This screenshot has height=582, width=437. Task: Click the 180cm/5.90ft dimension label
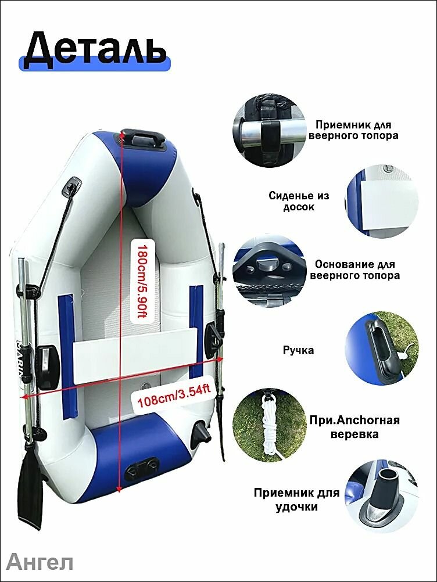click(x=142, y=281)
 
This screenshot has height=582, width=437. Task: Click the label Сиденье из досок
click(x=299, y=201)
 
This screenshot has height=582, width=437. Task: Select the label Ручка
click(x=298, y=350)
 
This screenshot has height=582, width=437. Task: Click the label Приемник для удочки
click(x=296, y=500)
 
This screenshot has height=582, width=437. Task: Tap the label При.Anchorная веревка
click(x=354, y=427)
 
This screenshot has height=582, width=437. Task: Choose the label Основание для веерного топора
click(x=354, y=270)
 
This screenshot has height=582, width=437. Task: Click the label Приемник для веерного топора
click(x=353, y=130)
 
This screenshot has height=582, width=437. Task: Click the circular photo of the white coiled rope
click(x=270, y=425)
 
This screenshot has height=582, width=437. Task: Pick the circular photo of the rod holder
click(x=382, y=497)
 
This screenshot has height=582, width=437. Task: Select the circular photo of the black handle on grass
click(x=382, y=348)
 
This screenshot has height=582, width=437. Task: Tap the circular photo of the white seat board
click(x=382, y=201)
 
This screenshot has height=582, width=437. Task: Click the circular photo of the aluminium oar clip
click(x=270, y=130)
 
